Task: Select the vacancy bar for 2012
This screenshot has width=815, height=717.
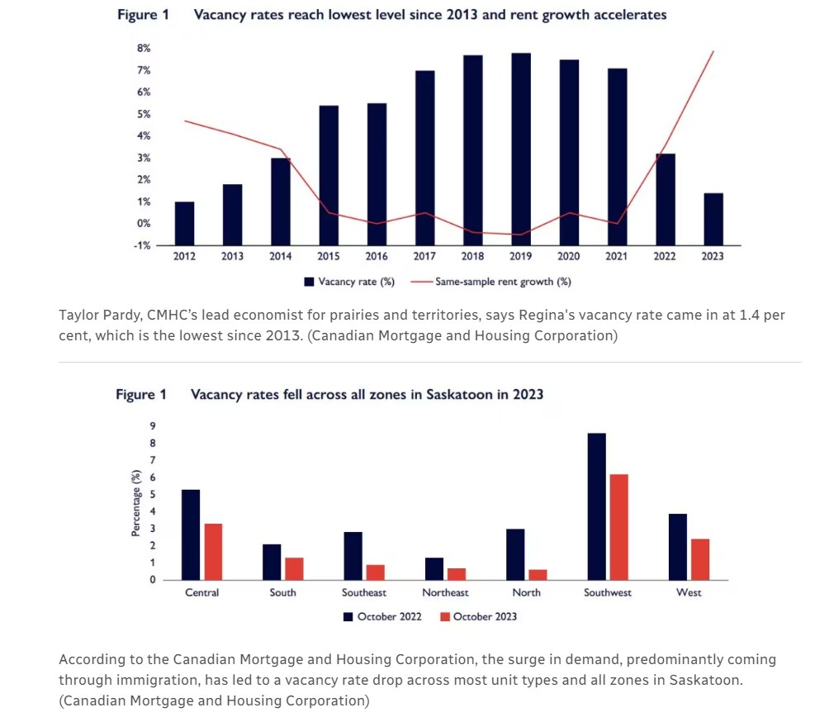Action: pyautogui.click(x=184, y=223)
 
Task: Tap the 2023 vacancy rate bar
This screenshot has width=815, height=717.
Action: pyautogui.click(x=713, y=219)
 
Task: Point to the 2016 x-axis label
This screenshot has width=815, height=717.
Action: pyautogui.click(x=377, y=257)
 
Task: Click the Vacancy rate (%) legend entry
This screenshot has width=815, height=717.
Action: pyautogui.click(x=349, y=282)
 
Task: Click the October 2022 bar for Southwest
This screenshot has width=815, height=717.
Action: pyautogui.click(x=596, y=506)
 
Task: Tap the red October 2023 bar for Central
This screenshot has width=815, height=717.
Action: pyautogui.click(x=212, y=552)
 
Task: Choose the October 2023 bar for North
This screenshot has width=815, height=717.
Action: pyautogui.click(x=537, y=574)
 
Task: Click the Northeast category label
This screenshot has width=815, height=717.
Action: pyautogui.click(x=445, y=593)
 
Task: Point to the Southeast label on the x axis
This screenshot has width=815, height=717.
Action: pyautogui.click(x=364, y=593)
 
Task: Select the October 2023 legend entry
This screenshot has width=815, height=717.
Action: pyautogui.click(x=478, y=616)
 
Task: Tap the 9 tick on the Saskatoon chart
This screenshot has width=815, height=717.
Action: pyautogui.click(x=153, y=426)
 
